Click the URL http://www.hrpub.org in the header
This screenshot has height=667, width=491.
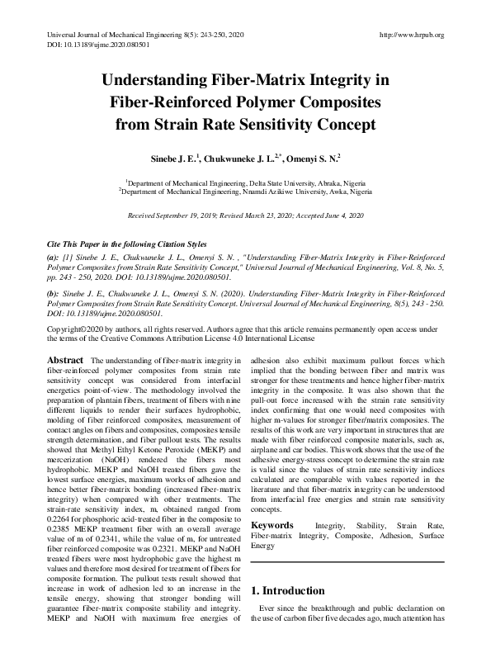[x=410, y=35]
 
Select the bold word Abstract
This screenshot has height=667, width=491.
[x=65, y=361]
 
